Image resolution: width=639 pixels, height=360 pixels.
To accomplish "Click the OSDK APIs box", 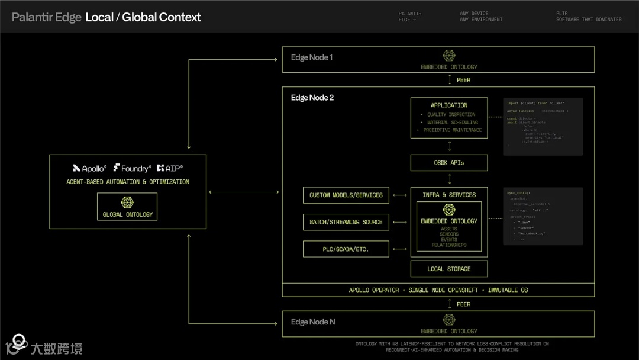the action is [449, 163].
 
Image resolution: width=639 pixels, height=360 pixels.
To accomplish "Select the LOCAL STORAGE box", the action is [449, 269].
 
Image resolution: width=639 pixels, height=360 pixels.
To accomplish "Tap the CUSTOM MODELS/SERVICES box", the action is [346, 195].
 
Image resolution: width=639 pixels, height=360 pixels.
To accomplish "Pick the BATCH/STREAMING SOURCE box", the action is [346, 222].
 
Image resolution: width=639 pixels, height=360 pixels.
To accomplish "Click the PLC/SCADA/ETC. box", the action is [346, 249].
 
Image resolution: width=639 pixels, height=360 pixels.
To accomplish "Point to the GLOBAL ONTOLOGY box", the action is [128, 207].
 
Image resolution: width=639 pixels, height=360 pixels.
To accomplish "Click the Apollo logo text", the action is [90, 168].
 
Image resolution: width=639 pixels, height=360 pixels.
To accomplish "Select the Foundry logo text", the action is [132, 168].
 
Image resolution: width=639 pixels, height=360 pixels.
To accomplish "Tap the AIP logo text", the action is [170, 168].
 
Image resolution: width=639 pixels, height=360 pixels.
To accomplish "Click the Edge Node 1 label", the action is [311, 57].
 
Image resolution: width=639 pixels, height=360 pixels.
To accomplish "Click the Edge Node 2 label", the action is [312, 98].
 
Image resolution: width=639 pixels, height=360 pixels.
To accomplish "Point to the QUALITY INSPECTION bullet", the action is [452, 115].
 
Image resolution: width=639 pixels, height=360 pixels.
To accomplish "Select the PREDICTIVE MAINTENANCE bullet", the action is [452, 130].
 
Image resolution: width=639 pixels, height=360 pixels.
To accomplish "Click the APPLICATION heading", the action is [449, 105].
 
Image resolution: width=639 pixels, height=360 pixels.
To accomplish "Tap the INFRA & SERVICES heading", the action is [449, 195].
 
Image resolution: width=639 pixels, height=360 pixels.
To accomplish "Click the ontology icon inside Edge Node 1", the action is [449, 56].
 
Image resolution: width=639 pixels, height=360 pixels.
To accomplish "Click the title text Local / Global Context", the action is [143, 17].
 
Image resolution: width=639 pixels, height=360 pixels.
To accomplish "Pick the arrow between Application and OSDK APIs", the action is [449, 146].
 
